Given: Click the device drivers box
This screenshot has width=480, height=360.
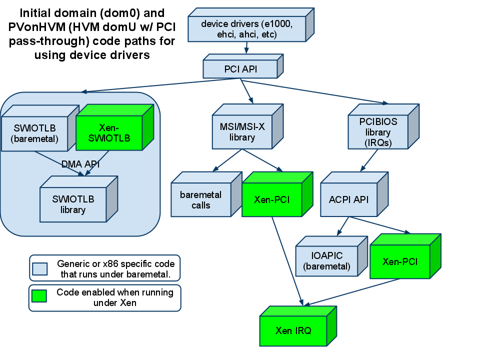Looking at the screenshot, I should (x=246, y=29).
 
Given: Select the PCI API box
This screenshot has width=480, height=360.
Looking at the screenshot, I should (x=240, y=69).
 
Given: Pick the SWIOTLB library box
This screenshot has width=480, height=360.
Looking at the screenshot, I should (x=73, y=204).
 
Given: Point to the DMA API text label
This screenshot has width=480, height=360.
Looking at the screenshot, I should (x=80, y=164).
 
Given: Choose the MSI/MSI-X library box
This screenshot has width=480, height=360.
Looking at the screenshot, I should (x=242, y=132).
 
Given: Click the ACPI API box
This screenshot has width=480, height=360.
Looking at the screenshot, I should (x=349, y=199).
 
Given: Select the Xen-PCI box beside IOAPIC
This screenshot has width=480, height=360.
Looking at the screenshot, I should (x=400, y=261).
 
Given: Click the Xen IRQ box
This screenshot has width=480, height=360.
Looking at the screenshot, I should (x=293, y=330).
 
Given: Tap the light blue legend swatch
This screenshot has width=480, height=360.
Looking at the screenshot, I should (x=40, y=269).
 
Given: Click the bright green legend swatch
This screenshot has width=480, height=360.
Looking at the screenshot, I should (x=39, y=296).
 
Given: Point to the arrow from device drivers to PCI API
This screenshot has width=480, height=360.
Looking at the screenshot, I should (x=246, y=48).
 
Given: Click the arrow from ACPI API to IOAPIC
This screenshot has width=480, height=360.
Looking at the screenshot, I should (x=343, y=226).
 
